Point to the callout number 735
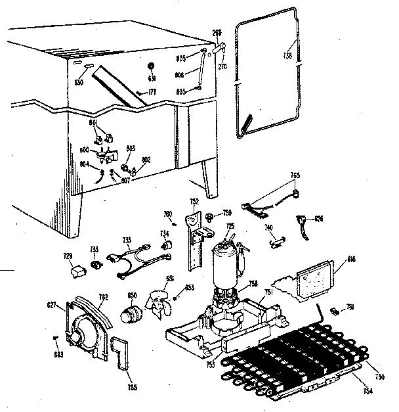(127, 240)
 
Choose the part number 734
(165, 233)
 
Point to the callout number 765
(295, 175)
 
